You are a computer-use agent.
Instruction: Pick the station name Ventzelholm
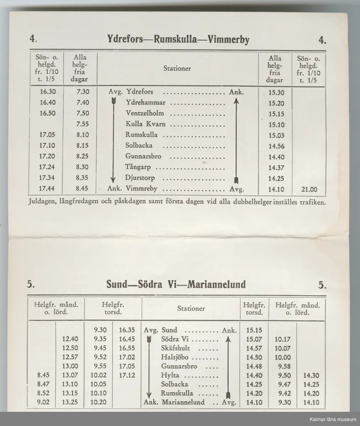[144, 113]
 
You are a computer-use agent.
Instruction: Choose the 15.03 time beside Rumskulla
[276, 136]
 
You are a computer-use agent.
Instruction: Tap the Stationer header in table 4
[177, 69]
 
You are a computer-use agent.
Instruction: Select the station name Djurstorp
[140, 178]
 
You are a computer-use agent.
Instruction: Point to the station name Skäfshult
[175, 348]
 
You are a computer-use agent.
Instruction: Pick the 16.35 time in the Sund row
[126, 330]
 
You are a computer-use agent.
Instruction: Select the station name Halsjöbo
[174, 357]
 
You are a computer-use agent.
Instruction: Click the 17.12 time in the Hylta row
[126, 375]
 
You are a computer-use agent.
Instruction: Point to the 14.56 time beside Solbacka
[276, 146]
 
